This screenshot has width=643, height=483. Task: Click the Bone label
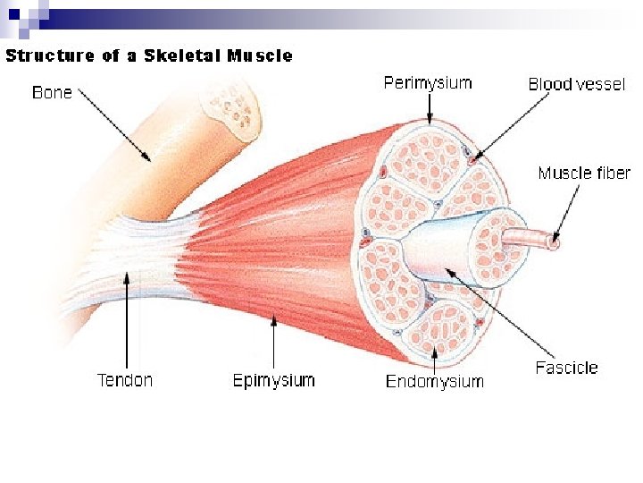pos(53,92)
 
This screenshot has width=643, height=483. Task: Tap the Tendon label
pos(125,380)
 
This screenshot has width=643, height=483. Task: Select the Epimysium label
pos(273,380)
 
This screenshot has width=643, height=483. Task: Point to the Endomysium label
pos(434,382)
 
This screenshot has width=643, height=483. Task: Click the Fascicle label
pos(566,368)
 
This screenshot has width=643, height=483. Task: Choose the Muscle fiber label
pos(584,173)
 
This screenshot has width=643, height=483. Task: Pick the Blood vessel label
pos(576,85)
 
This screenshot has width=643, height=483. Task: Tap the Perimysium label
pos(428,83)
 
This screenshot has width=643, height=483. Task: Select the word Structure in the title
pos(50,55)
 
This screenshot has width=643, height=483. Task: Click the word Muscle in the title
pos(260,55)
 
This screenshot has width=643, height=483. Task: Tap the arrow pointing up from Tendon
pos(127,318)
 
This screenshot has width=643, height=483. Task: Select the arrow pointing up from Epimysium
pos(273,344)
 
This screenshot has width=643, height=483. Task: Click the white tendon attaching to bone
pos(134,259)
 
